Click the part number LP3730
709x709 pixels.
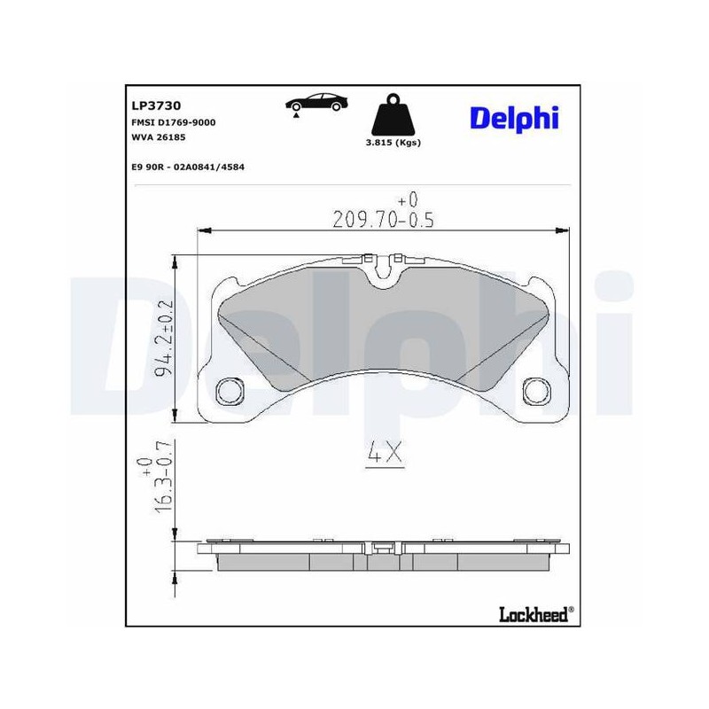[156, 105]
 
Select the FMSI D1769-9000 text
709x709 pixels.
[173, 122]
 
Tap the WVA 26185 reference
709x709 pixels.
[159, 137]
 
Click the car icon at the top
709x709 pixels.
[316, 103]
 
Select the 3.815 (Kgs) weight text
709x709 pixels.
[393, 143]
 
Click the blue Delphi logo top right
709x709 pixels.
[514, 119]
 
